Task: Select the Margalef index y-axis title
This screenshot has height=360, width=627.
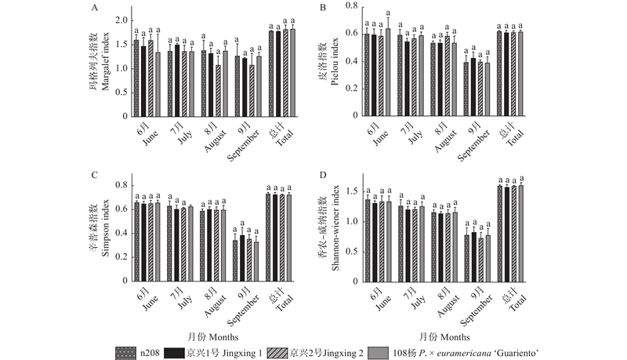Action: (x=104, y=67)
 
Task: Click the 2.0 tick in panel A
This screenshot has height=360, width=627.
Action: (x=121, y=18)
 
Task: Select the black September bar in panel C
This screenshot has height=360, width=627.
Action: (x=242, y=258)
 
